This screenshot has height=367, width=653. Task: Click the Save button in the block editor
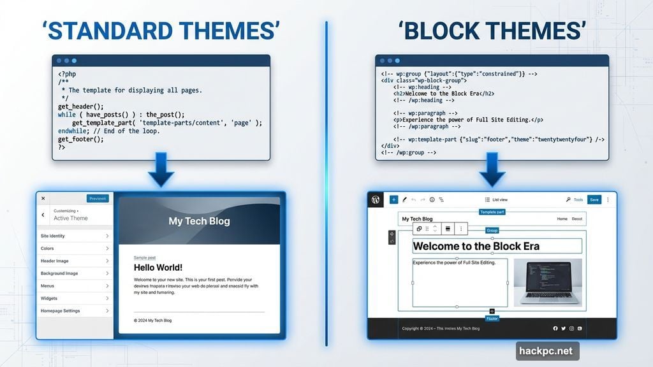(x=594, y=199)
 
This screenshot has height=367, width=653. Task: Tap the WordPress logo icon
(x=376, y=199)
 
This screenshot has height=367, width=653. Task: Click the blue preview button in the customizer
(x=98, y=198)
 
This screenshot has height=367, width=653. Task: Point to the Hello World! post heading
(x=158, y=268)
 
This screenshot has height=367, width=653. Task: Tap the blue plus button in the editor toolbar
(x=393, y=199)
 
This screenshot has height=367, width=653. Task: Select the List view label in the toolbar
(x=499, y=200)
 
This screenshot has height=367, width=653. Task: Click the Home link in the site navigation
(x=562, y=219)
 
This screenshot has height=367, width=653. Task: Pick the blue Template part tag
(x=492, y=212)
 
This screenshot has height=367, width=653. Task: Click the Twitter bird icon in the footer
(x=563, y=329)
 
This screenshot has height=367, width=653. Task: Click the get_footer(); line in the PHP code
(x=80, y=139)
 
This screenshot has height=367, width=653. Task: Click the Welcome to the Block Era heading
(x=476, y=246)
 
